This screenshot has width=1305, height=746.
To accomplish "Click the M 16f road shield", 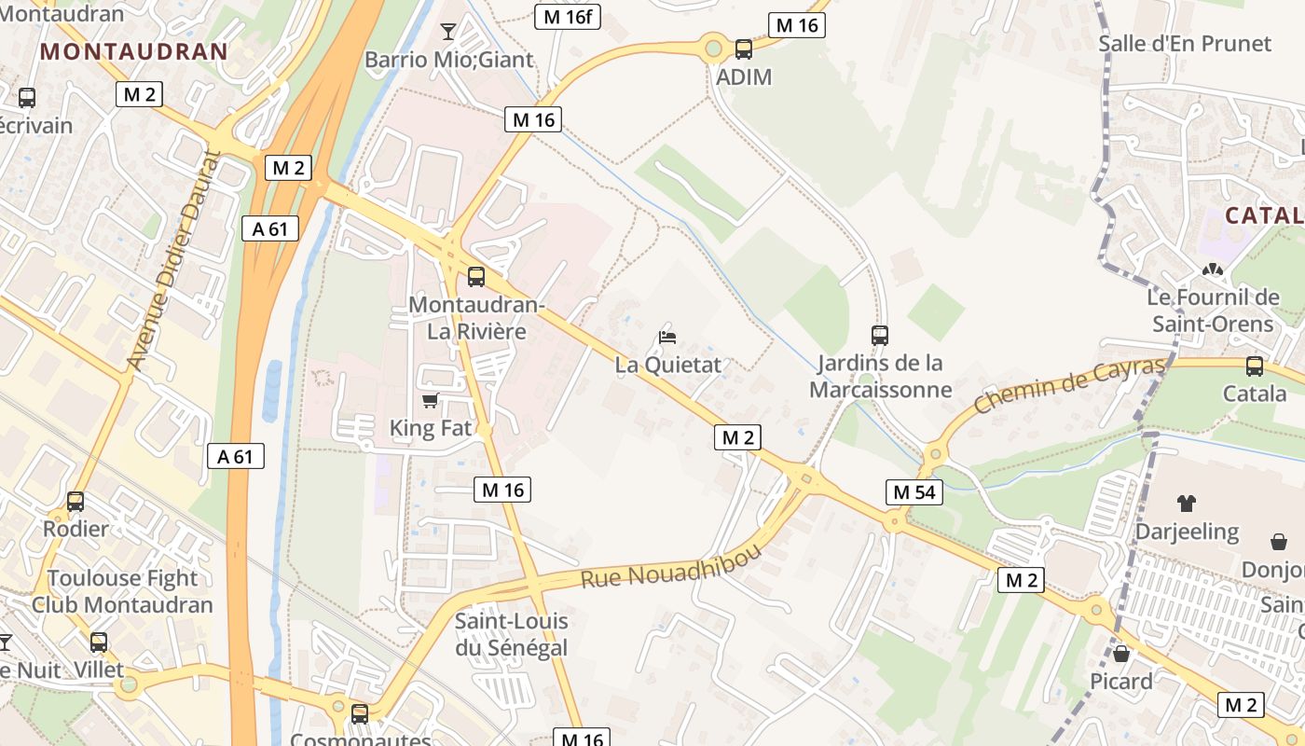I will [567, 17].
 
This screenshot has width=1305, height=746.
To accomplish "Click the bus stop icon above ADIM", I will [743, 49].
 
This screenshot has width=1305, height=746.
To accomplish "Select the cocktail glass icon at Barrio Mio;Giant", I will [448, 32].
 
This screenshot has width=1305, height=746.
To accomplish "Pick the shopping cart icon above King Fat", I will [430, 401].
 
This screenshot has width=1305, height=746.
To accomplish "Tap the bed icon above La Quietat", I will [667, 337].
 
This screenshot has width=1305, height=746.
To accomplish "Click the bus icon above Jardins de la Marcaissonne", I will [879, 335].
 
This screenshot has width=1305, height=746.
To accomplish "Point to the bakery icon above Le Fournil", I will [1212, 269].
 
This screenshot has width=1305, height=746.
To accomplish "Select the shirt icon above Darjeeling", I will [1186, 504].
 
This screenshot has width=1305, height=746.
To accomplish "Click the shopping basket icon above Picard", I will [1121, 654].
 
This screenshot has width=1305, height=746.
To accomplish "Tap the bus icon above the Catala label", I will [1255, 366].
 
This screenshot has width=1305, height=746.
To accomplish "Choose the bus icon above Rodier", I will [76, 501].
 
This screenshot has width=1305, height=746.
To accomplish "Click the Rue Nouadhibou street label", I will [670, 564].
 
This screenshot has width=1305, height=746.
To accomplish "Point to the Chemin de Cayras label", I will [1069, 384].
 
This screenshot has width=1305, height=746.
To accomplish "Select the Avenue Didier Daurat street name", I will [173, 261].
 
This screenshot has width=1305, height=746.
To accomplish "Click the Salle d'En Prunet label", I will [1184, 44].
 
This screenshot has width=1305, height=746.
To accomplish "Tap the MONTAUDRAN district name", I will [134, 51].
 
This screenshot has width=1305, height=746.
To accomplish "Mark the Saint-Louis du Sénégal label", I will [511, 633].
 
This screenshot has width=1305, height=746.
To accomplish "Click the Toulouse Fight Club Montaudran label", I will [122, 591].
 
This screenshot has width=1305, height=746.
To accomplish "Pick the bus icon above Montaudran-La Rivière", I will [475, 276].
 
